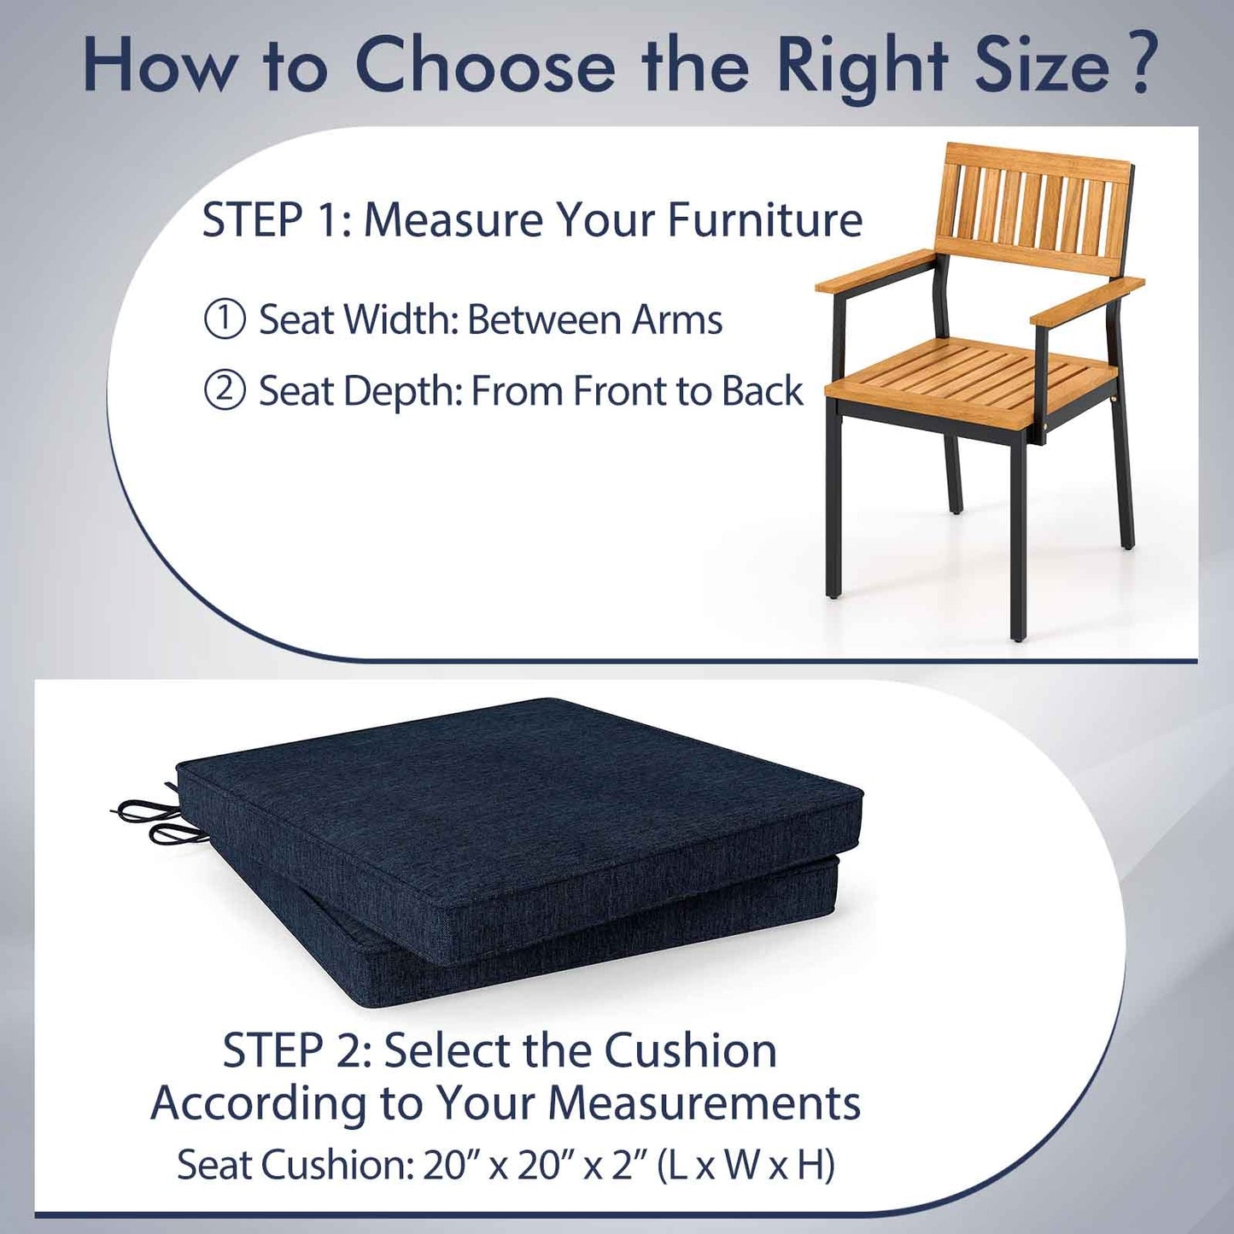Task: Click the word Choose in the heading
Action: click(484, 67)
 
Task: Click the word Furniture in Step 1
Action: click(765, 220)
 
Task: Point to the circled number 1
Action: click(225, 319)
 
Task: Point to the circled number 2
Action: click(225, 391)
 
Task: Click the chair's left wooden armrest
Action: click(875, 271)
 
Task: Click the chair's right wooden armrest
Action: click(1087, 301)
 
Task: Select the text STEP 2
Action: click(295, 1050)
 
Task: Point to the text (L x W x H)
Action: click(746, 1165)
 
